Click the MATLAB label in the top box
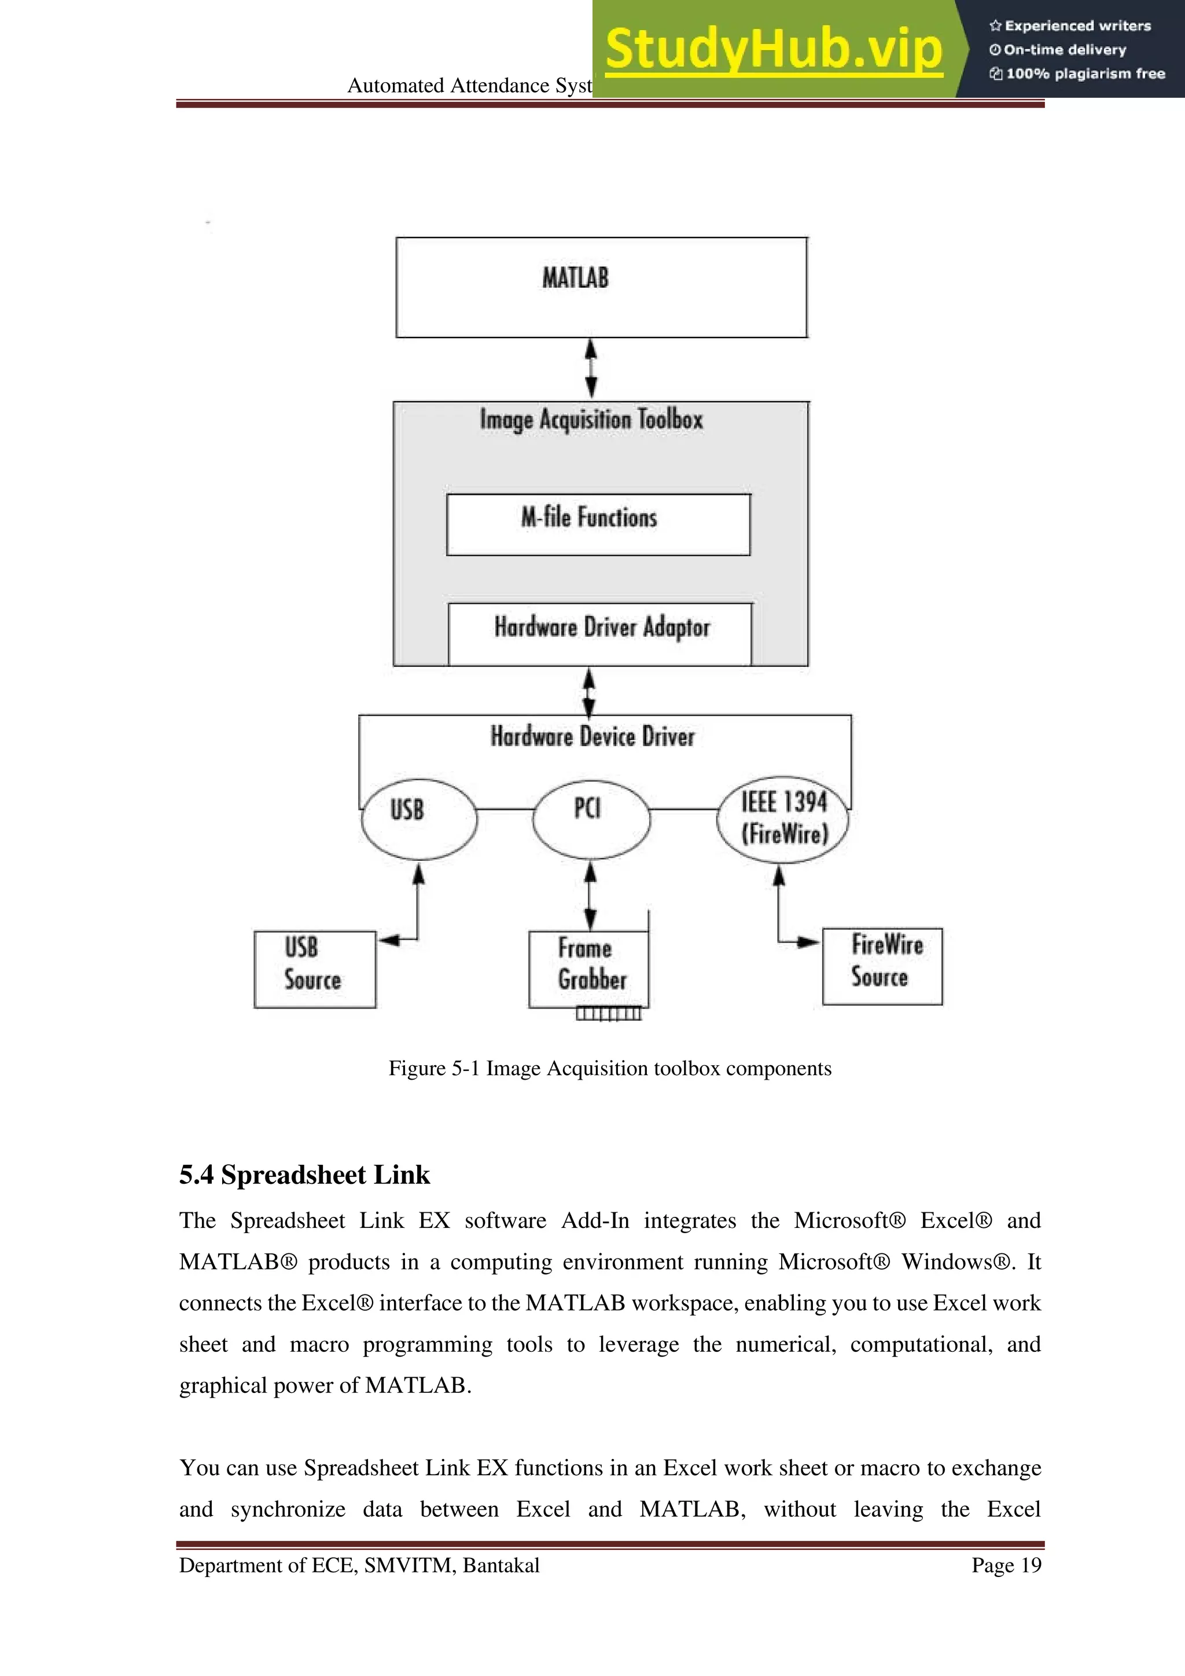[x=575, y=278]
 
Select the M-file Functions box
[x=598, y=524]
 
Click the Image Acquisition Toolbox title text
[x=591, y=420]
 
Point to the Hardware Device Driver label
[x=592, y=736]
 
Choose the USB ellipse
[x=419, y=819]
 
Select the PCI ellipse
[x=590, y=819]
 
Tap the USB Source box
[x=315, y=969]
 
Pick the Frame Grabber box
[x=588, y=969]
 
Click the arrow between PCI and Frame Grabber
[x=590, y=896]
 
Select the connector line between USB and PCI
[x=505, y=809]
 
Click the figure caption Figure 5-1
[x=609, y=1068]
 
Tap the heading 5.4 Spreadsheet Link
[x=304, y=1175]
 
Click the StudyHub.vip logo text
[x=774, y=48]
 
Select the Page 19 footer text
[x=1006, y=1565]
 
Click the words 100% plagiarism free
[x=1084, y=74]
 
